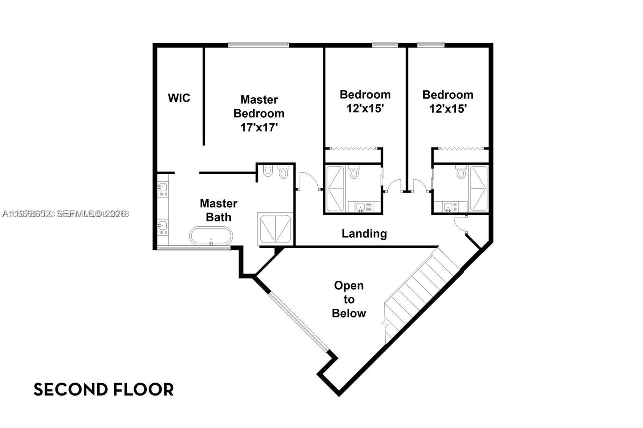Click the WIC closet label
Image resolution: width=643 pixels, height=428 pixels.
pos(179,98)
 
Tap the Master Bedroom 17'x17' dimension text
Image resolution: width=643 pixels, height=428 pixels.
pos(259,128)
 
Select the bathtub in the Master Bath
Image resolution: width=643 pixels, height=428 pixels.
pos(211,236)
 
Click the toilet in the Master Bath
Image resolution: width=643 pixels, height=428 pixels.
pos(284,173)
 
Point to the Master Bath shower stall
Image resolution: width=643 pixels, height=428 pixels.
pos(275,229)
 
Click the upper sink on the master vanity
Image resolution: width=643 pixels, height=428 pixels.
pos(162,188)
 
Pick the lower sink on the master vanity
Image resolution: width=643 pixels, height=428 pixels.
pos(162,225)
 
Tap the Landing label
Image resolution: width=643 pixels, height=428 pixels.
pos(364,233)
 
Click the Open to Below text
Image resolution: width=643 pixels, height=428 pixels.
pos(349,300)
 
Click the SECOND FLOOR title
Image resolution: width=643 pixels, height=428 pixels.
pos(103,389)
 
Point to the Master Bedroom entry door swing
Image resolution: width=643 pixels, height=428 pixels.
pos(309,181)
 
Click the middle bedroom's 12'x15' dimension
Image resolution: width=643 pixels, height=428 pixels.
pos(365,108)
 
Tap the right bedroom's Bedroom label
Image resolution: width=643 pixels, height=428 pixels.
pos(448,95)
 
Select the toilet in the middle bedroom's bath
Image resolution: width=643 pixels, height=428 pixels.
pos(354,173)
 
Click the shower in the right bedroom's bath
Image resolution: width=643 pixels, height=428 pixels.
pos(478,188)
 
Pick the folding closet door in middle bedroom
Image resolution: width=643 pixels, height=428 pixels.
pos(352,149)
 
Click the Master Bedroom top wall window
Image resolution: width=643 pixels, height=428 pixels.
pos(258,45)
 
